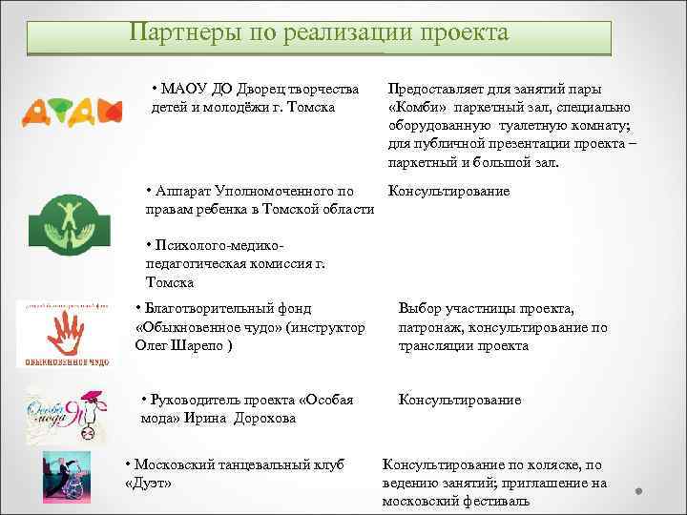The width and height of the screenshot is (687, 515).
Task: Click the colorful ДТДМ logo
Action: [71, 113]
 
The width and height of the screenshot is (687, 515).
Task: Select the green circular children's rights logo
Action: [66, 221]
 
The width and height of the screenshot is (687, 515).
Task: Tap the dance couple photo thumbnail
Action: [67, 477]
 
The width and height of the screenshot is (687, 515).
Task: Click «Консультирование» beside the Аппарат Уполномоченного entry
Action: [448, 191]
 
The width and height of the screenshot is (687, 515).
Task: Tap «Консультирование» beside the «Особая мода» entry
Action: [459, 400]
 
